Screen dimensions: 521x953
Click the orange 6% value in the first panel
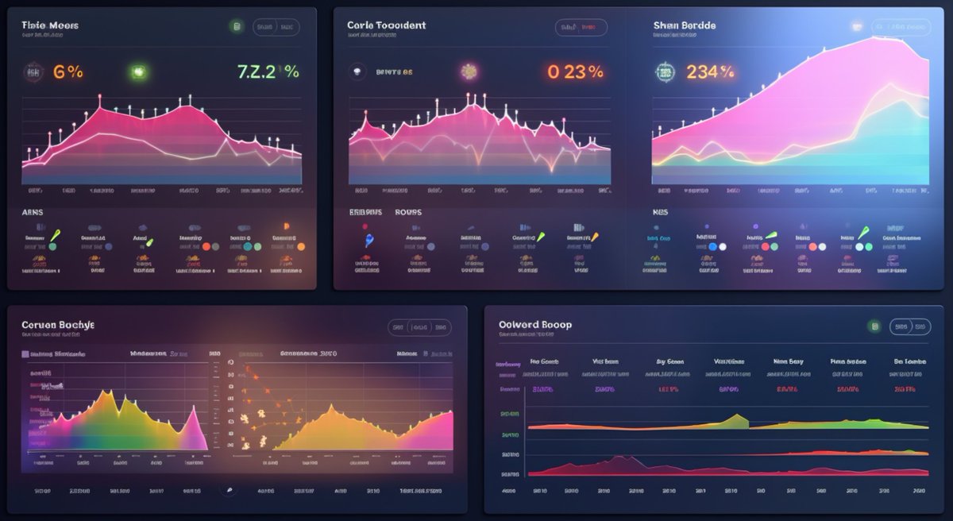68,71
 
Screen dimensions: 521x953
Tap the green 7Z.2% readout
268,71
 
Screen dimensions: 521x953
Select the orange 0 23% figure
575,71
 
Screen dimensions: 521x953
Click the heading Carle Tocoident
386,25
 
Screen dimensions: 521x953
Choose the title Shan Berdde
684,25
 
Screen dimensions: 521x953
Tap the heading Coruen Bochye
58,326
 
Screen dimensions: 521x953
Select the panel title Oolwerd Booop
534,325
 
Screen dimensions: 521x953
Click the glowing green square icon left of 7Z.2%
140,72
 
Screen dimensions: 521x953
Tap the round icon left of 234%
663,72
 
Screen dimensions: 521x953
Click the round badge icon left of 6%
33,72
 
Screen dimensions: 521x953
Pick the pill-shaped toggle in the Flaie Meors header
276,27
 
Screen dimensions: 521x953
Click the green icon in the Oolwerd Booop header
874,326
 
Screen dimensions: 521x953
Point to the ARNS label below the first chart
32,213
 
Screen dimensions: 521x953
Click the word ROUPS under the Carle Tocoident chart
407,213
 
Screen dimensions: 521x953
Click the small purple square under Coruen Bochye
25,354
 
